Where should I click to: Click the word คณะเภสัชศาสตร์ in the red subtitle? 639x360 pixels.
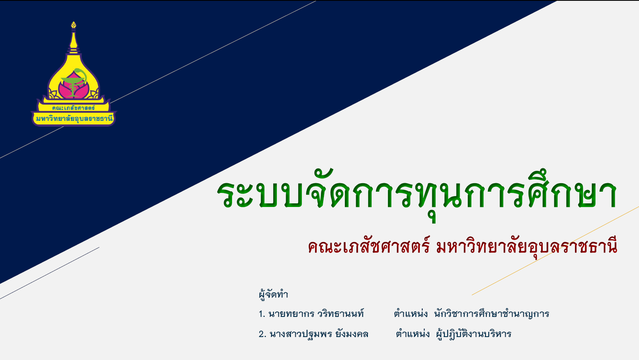(369, 246)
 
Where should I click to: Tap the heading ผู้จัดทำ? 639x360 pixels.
(273, 294)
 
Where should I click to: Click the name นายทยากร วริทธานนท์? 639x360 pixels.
(316, 314)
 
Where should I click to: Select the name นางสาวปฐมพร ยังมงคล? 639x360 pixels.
(319, 333)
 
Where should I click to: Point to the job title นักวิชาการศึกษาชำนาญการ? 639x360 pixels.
(492, 314)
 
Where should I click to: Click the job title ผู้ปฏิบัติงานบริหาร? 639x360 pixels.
(473, 333)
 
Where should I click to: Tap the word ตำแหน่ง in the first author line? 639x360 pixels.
(411, 313)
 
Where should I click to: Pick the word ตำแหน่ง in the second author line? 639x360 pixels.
(413, 333)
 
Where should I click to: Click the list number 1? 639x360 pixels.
(262, 314)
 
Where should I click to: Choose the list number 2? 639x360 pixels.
(262, 334)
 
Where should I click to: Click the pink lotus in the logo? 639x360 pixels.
(73, 86)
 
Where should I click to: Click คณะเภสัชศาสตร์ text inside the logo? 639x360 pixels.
(73, 108)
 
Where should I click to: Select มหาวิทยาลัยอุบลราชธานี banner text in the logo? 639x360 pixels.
(74, 118)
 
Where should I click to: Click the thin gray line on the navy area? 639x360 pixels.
(158, 79)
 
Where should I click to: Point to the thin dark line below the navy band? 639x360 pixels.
(50, 273)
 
